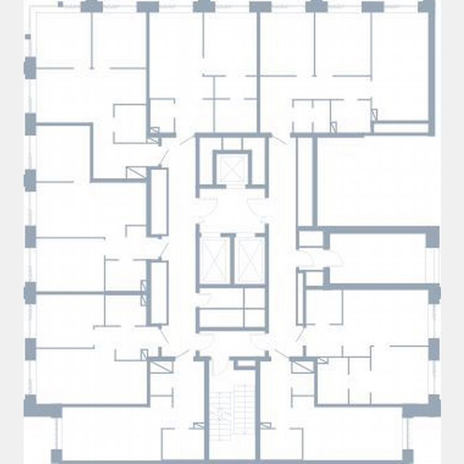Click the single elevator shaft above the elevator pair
pos(233,170)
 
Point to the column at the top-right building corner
pos(426,6)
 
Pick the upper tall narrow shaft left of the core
pos(158,202)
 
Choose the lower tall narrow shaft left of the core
pos(158,293)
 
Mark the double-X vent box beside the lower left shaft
pos(143,293)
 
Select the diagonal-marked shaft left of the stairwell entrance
pos(159,367)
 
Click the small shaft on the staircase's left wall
pos(199,426)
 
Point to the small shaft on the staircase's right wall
pos(264,426)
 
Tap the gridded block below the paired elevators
pos(232,307)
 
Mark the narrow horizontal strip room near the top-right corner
pos(401,128)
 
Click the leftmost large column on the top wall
pos(91,6)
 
